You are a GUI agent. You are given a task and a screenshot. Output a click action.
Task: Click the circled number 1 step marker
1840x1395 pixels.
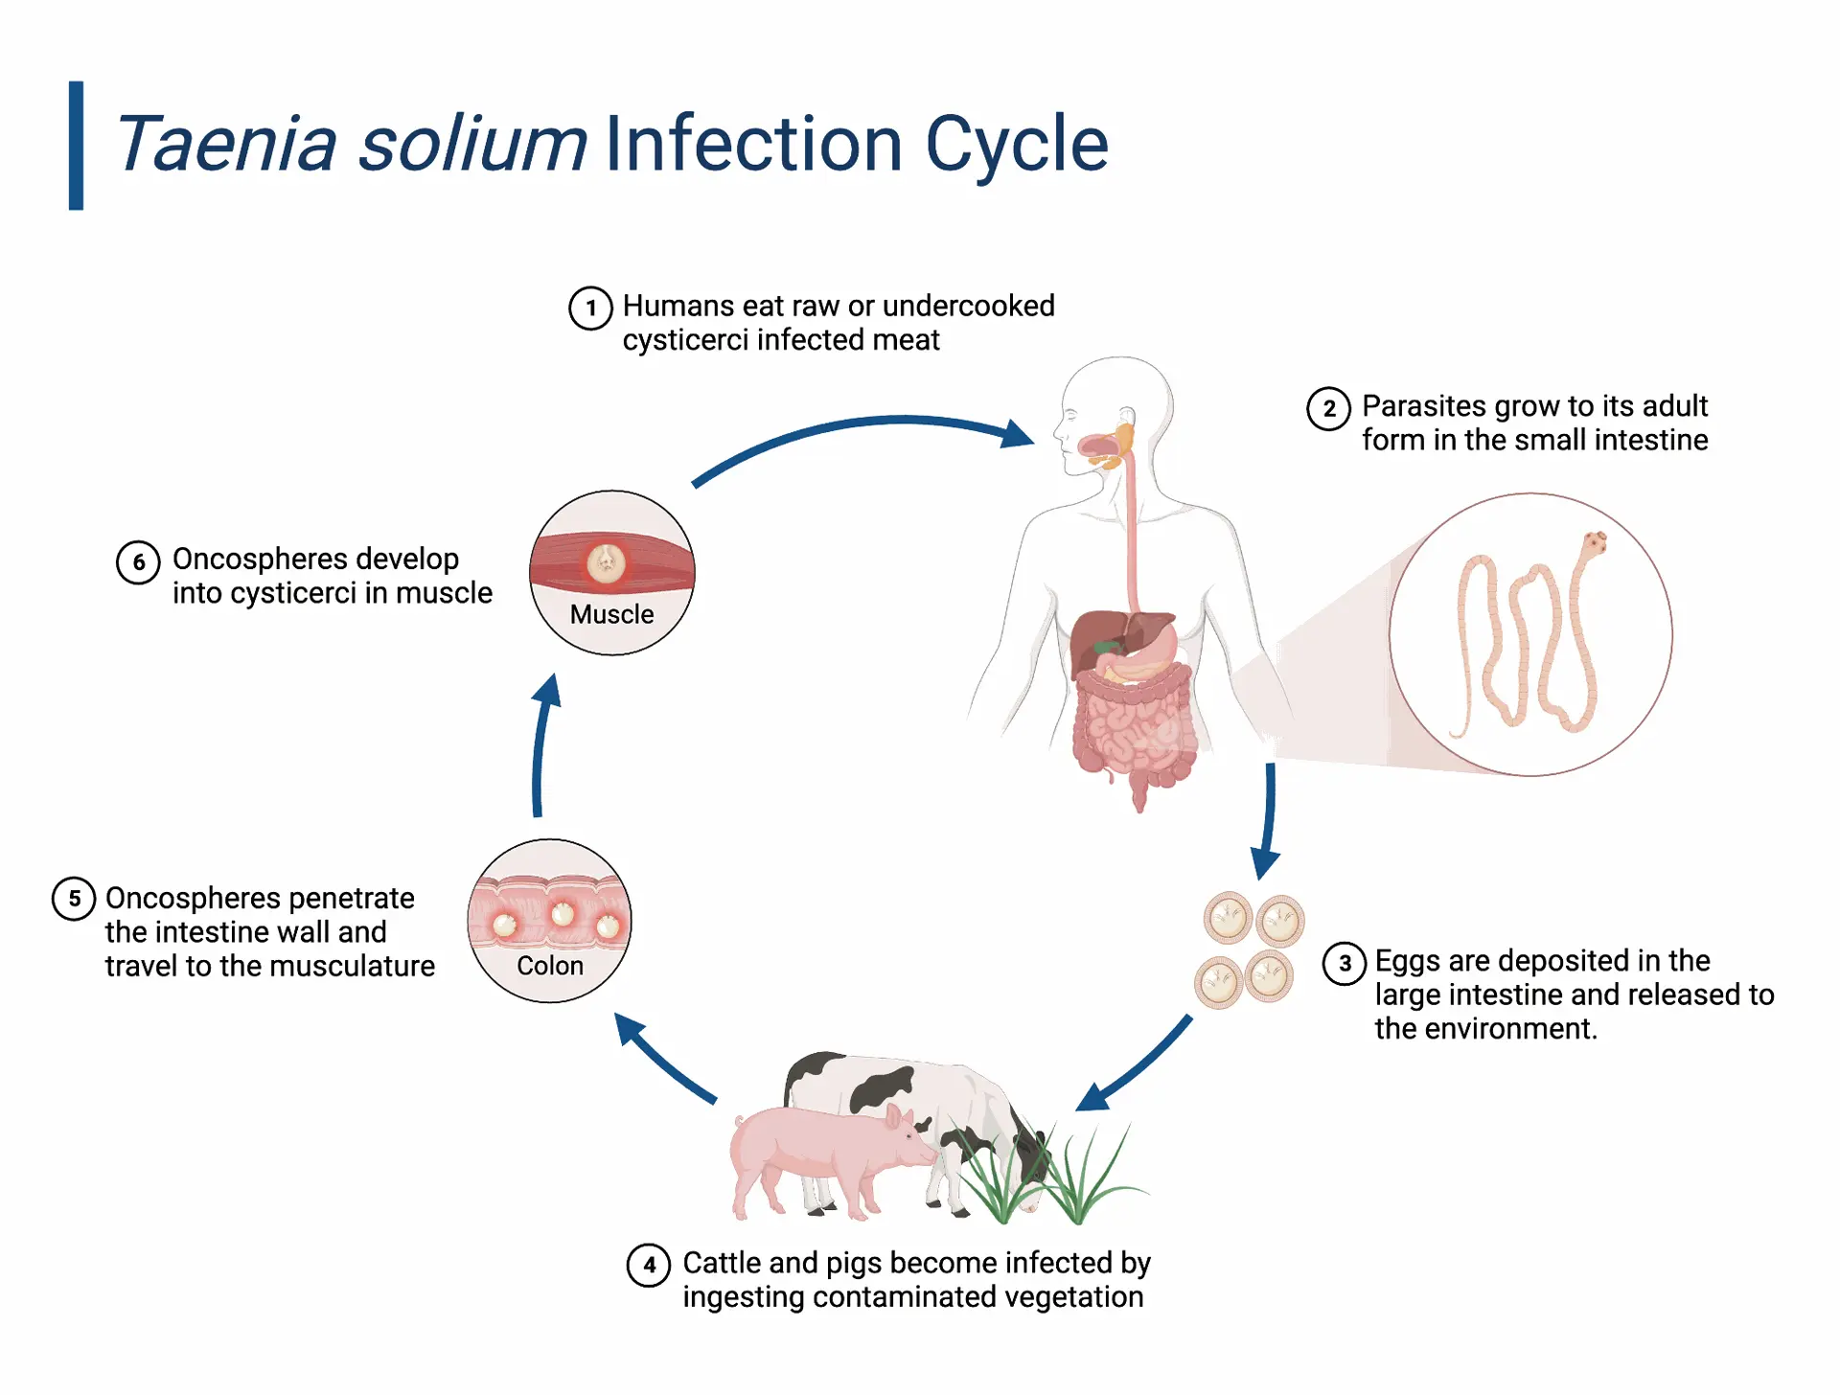click(590, 308)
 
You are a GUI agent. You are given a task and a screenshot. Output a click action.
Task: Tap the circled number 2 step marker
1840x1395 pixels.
click(1329, 408)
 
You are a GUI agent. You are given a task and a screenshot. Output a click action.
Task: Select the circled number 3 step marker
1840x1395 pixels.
click(1345, 963)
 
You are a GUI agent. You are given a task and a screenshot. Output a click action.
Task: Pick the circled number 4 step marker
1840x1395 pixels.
click(649, 1265)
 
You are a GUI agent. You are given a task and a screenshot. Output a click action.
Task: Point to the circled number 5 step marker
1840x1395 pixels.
click(74, 899)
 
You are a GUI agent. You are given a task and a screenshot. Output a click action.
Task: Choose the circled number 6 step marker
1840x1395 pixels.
click(139, 561)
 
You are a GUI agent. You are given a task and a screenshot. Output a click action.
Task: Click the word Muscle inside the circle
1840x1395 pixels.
click(611, 614)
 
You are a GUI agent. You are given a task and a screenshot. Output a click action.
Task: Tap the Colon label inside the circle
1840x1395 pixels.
click(550, 966)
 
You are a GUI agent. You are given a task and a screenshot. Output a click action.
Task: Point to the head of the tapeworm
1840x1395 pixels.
click(1594, 543)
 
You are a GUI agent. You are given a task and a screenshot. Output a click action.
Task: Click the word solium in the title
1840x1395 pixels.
click(472, 144)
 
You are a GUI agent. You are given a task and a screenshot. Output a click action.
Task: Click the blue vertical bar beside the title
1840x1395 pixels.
click(76, 146)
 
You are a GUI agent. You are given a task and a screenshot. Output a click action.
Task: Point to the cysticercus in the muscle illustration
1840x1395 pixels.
click(606, 563)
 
